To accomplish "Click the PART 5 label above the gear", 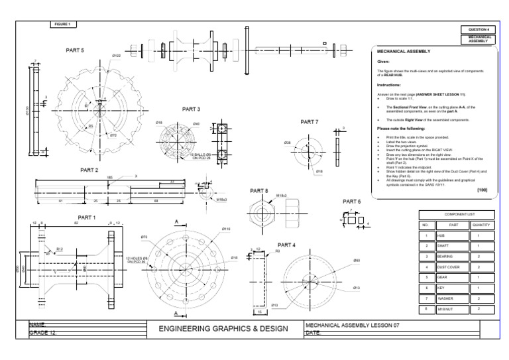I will [x=75, y=50].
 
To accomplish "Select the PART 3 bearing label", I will [x=191, y=109].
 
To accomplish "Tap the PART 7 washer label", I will [x=310, y=122].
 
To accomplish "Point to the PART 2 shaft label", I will [x=89, y=170].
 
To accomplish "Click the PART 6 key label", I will [x=352, y=201].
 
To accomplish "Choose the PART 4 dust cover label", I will [x=286, y=245].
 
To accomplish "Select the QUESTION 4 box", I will [x=479, y=30].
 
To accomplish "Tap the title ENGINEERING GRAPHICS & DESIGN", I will [x=225, y=328].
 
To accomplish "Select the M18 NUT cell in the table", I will [x=444, y=308].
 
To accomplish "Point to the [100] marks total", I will [x=482, y=190].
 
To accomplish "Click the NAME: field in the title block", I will [x=40, y=324].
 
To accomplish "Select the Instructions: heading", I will [x=389, y=86].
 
